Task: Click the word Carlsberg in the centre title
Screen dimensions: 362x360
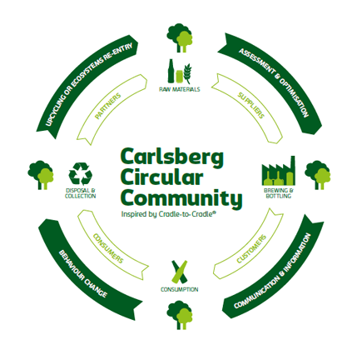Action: coord(171,157)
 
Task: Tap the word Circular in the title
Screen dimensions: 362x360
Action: coord(161,177)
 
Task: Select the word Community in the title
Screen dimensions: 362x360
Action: coord(181,198)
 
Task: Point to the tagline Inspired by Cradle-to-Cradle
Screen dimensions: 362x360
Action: coord(169,214)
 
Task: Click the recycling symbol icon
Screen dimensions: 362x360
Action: coord(81,174)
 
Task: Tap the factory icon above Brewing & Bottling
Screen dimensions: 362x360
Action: coord(279,171)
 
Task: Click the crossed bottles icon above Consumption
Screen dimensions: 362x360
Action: coord(180,272)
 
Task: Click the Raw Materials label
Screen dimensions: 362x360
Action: coord(180,89)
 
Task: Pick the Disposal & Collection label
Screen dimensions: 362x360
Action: coord(81,193)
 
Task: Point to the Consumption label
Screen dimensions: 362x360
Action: coord(180,289)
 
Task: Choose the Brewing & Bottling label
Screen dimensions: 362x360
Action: coord(279,193)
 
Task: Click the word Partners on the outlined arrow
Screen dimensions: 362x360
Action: coord(108,107)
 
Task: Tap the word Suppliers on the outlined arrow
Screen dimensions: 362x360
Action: coord(251,105)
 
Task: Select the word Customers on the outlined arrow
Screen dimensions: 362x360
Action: coord(251,249)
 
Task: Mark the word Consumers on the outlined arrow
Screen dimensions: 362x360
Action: coord(108,248)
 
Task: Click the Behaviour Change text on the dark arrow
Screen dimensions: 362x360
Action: coord(83,274)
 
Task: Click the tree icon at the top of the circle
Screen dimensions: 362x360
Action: coord(180,37)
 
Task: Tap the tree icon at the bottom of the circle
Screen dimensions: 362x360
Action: coord(180,315)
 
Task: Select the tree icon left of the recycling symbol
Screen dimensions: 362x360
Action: coord(41,175)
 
